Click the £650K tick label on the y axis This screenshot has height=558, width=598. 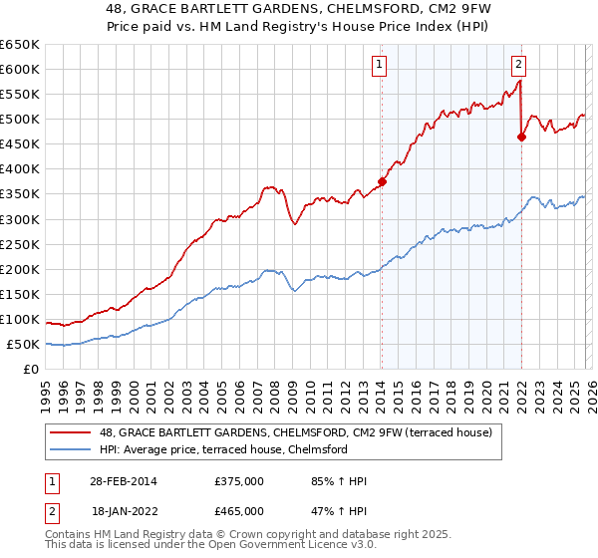point(20,45)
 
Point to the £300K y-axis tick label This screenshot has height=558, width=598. point(20,219)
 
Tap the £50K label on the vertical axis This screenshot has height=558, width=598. point(24,345)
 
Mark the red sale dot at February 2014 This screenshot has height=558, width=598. point(382,181)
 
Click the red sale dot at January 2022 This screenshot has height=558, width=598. point(521,137)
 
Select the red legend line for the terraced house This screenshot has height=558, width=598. point(71,431)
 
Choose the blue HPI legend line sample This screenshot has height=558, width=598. point(71,449)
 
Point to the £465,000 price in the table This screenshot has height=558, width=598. point(239,510)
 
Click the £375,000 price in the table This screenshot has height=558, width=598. point(239,481)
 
